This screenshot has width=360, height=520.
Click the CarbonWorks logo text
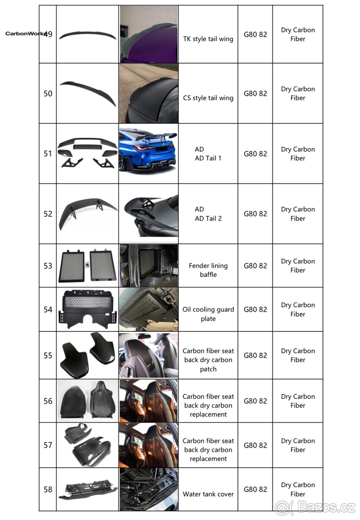pos(25,34)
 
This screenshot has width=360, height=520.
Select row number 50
pos(48,94)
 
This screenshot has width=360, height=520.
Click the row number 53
pos(48,266)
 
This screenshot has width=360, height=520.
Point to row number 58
pos(48,490)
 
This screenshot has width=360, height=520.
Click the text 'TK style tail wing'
pos(208,39)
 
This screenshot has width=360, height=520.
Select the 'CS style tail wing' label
pos(208,98)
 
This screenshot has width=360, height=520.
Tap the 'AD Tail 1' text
pos(208,158)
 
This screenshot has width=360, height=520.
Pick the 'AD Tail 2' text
pos(208,218)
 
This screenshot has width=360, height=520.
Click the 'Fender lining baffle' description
pos(208,270)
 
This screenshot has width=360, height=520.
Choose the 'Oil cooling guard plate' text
pos(208,314)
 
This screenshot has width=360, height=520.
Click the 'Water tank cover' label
pos(208,494)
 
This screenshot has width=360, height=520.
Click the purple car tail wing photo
pos(149,34)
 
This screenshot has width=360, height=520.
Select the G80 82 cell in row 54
pos(255,309)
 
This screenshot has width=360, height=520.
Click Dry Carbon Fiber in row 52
pos(298,214)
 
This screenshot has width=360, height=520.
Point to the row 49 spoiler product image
pos(88,36)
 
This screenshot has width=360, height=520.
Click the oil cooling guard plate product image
pos(88,309)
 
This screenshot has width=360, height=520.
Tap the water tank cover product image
pos(88,489)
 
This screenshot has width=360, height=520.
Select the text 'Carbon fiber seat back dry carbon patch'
pos(208,360)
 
